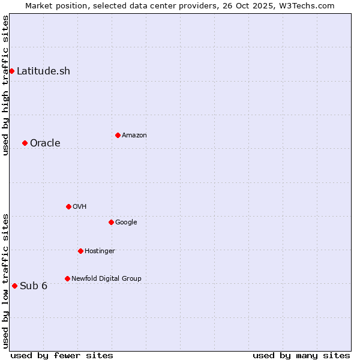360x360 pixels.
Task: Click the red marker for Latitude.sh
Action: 11,71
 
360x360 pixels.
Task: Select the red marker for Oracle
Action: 25,143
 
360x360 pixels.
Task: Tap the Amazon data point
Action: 118,135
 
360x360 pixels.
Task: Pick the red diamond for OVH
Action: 68,206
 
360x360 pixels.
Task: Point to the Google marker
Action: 111,222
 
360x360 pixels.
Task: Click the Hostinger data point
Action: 80,251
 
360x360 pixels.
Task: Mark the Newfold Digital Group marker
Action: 67,278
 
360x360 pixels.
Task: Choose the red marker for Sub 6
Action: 14,286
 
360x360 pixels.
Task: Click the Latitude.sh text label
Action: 43,71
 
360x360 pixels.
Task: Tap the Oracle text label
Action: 45,143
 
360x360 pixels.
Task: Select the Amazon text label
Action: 134,135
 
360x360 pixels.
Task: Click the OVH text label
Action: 80,206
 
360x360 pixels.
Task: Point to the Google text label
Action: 126,222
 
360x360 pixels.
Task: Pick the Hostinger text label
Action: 100,251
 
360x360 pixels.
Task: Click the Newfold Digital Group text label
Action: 106,278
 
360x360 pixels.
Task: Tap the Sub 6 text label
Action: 34,286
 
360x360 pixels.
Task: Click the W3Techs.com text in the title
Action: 308,5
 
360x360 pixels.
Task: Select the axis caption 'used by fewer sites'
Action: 62,355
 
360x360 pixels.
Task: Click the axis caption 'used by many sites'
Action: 301,355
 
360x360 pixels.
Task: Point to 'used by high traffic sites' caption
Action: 5,85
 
